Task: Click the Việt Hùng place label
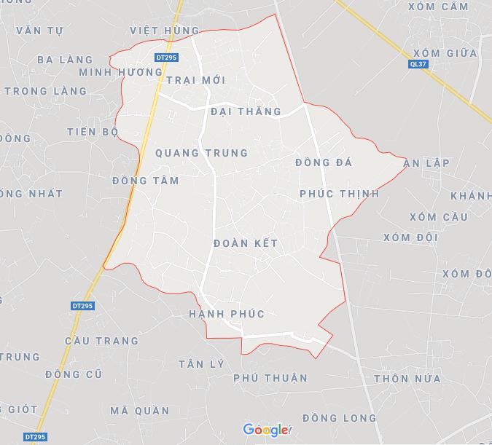(164, 30)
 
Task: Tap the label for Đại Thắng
(246, 111)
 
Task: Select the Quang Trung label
(201, 153)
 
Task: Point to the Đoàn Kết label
(246, 243)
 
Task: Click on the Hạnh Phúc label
(226, 314)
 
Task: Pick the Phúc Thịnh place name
(339, 194)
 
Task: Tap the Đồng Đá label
(324, 162)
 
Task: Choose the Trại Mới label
(195, 79)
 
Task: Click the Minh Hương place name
(120, 72)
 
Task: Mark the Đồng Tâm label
(146, 181)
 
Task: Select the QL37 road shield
(417, 64)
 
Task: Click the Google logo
(266, 430)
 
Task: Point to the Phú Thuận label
(270, 378)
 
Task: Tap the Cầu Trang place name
(101, 341)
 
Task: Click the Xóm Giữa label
(445, 53)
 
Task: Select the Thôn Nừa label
(407, 379)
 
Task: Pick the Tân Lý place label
(200, 363)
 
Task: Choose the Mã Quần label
(140, 411)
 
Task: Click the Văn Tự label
(39, 31)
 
